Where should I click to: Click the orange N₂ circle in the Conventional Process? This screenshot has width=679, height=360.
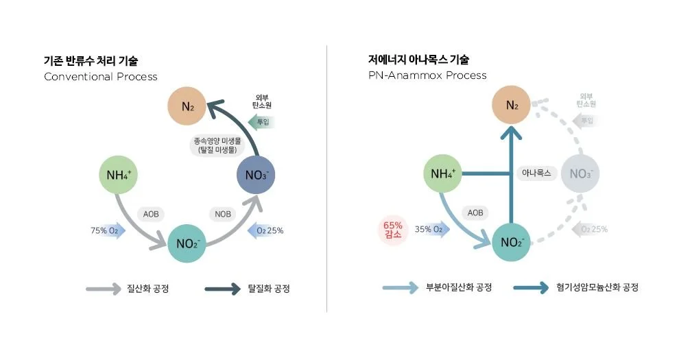[x=189, y=106]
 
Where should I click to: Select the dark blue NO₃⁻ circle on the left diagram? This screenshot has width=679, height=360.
[x=256, y=173]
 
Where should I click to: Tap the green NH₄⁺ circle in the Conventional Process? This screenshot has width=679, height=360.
[x=119, y=173]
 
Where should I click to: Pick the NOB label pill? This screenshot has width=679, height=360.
[x=223, y=214]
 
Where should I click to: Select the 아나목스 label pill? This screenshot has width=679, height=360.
[x=536, y=173]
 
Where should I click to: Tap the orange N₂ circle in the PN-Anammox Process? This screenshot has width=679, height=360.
[x=512, y=106]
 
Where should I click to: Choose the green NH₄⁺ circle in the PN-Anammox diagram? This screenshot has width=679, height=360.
[x=444, y=173]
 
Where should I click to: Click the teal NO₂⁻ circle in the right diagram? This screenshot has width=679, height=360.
[x=512, y=243]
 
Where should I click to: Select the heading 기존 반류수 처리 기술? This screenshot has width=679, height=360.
[x=95, y=60]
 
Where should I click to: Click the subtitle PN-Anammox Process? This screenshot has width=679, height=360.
[x=427, y=75]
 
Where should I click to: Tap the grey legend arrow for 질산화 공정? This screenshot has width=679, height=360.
[x=103, y=289]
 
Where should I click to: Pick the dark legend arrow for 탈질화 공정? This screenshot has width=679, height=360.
[x=222, y=289]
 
